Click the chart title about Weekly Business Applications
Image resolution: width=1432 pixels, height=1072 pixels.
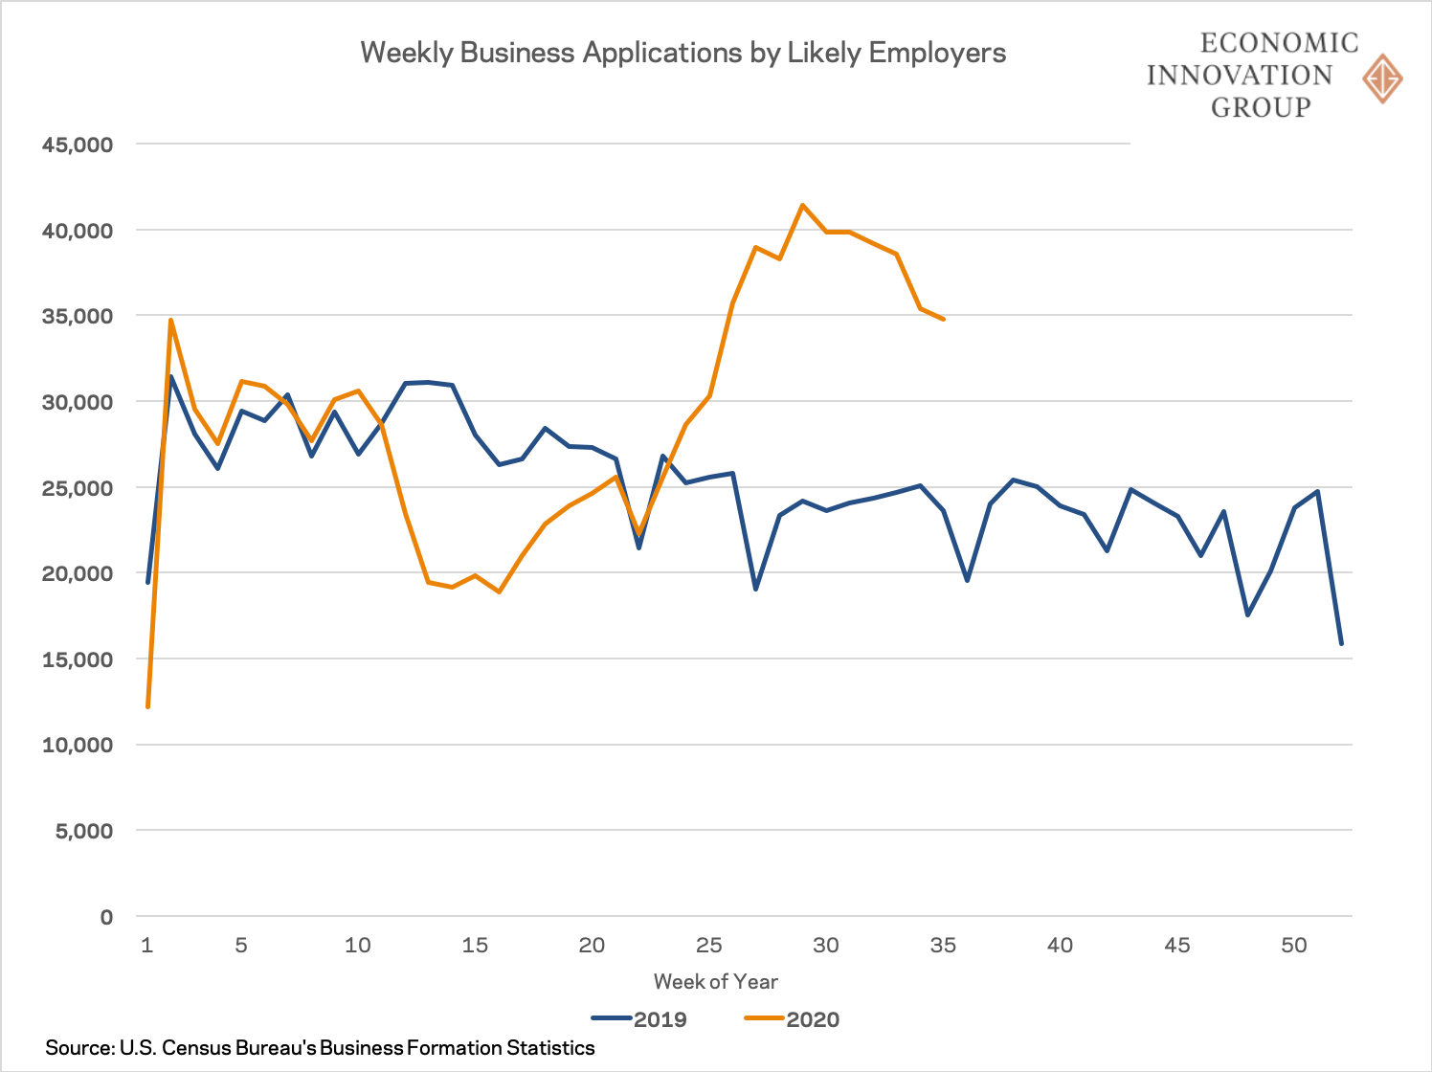pyautogui.click(x=682, y=53)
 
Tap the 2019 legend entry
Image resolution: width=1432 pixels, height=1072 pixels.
pyautogui.click(x=639, y=1019)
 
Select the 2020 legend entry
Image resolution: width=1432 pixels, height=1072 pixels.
pyautogui.click(x=792, y=1019)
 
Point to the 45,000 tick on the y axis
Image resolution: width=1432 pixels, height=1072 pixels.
pyautogui.click(x=78, y=145)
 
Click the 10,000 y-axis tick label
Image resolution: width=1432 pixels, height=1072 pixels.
pyautogui.click(x=78, y=745)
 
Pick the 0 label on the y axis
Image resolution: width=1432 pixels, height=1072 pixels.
pyautogui.click(x=105, y=917)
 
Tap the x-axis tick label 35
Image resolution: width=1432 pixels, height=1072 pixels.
pyautogui.click(x=943, y=946)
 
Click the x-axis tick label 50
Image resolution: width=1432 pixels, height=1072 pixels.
pyautogui.click(x=1294, y=946)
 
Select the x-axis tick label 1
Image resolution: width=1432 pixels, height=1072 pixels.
pyautogui.click(x=146, y=946)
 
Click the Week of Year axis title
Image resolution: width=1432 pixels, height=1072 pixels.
pyautogui.click(x=715, y=981)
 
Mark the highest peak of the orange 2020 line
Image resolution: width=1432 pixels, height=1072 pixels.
pyautogui.click(x=802, y=205)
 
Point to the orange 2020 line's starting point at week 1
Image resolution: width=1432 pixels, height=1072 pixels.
pyautogui.click(x=147, y=706)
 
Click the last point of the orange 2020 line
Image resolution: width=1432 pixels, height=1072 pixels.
pyautogui.click(x=944, y=319)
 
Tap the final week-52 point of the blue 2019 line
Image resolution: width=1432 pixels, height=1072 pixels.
pyautogui.click(x=1341, y=643)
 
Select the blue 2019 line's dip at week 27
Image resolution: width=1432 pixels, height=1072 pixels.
pyautogui.click(x=755, y=589)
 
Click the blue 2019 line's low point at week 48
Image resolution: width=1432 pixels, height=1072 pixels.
pyautogui.click(x=1247, y=614)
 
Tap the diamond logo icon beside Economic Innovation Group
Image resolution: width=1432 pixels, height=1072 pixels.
pyautogui.click(x=1382, y=78)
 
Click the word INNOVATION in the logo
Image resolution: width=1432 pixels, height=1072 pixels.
pyautogui.click(x=1239, y=75)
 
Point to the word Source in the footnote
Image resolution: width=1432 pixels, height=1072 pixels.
pyautogui.click(x=78, y=1048)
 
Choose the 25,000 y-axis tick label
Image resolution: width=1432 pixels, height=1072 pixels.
pyautogui.click(x=78, y=488)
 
